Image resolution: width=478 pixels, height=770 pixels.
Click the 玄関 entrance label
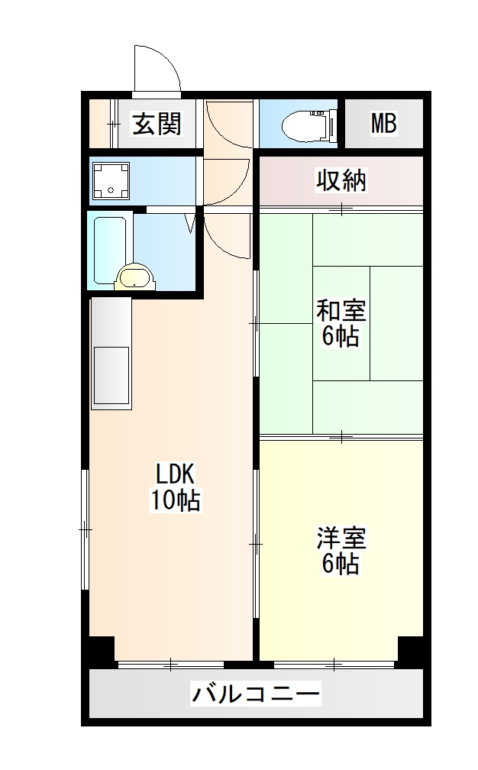pyautogui.click(x=157, y=124)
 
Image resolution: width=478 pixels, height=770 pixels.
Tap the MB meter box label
pyautogui.click(x=383, y=124)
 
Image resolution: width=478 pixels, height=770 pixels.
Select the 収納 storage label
pyautogui.click(x=341, y=180)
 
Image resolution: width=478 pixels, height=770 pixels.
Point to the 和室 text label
pyautogui.click(x=341, y=311)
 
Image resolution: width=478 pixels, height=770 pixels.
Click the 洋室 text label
pyautogui.click(x=341, y=538)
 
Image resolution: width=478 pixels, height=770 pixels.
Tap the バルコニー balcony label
pyautogui.click(x=256, y=694)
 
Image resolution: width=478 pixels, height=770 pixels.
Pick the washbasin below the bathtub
pyautogui.click(x=134, y=278)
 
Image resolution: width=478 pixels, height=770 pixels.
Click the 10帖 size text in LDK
pyautogui.click(x=176, y=500)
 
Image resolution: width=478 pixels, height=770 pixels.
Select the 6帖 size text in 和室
pyautogui.click(x=341, y=336)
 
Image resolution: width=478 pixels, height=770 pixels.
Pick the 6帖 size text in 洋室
pyautogui.click(x=341, y=565)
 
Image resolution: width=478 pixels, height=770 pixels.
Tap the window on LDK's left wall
pyautogui.click(x=86, y=529)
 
